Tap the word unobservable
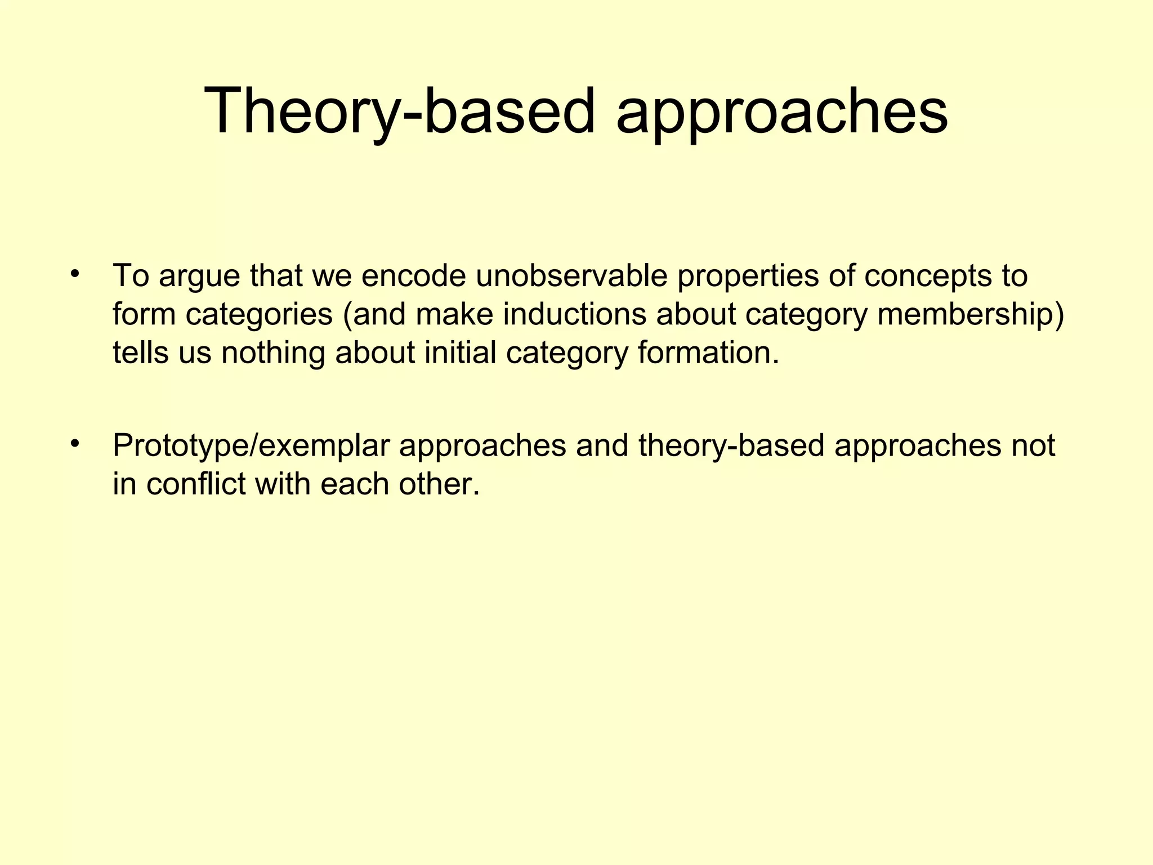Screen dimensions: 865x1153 [x=571, y=276]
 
